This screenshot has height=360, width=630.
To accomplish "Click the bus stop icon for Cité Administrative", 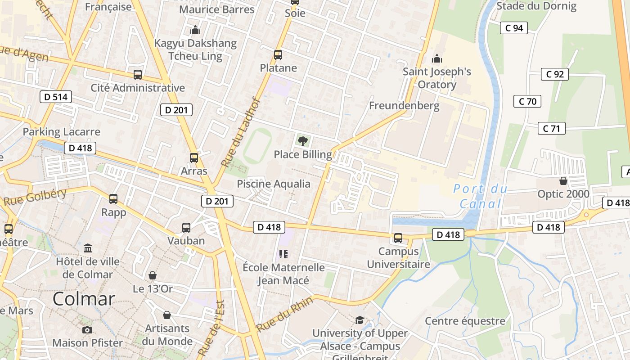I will coord(138,75).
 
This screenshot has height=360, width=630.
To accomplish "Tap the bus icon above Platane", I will coord(278,55).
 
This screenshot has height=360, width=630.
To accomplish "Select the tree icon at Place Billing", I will coord(302,141).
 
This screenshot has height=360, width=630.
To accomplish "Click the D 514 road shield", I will coord(56,97).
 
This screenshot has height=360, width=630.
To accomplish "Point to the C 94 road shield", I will coord(514,28).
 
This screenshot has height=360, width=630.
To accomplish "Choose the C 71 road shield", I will coord(551,129).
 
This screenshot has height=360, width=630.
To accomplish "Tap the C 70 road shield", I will coord(527,101).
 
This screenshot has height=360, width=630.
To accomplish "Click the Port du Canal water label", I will coord(480,196).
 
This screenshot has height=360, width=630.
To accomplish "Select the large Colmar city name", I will coord(84,299).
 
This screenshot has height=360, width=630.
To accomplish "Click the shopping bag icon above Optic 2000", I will coord(563,181).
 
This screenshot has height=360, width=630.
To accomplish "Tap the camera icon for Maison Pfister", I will coord(87,330).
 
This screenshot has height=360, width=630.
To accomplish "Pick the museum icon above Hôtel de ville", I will coord(88,248).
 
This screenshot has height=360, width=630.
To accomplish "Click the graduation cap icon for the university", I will coord(360,320).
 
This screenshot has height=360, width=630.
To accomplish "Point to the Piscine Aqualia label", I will coord(274,184).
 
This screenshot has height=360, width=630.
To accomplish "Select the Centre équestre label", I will coord(465,321).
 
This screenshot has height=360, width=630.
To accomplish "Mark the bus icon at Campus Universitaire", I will coord(398,238).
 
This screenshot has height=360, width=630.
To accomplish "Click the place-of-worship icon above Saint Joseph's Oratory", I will coord(436,58).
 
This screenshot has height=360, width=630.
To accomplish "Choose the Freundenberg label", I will coord(404,106).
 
